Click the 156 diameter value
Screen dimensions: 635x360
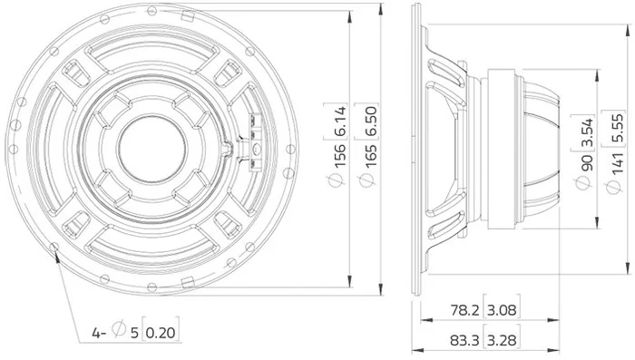coord(339,155)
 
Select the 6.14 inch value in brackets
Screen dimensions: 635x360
coord(339,122)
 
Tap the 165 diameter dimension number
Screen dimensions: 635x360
coord(370,155)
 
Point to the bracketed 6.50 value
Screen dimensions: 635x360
coord(370,122)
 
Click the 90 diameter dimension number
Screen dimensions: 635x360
coord(586,161)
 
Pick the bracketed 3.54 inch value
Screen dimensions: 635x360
coord(586,132)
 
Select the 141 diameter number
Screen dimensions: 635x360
coord(617,164)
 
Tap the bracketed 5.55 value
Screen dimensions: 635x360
coord(617,129)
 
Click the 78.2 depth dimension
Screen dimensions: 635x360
coord(464,310)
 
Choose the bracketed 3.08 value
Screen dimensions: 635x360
coord(502,310)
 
